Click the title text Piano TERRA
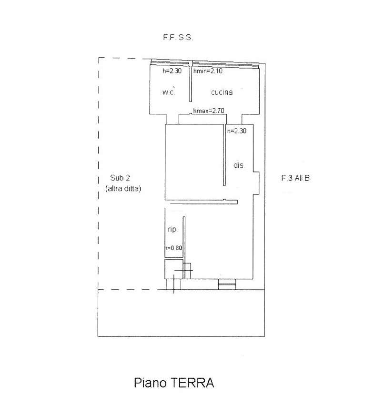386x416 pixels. [x=174, y=383]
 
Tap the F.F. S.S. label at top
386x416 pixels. [x=178, y=38]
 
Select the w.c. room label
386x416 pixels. [x=169, y=92]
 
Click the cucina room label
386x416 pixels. [x=222, y=92]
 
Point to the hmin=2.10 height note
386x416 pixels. [x=208, y=71]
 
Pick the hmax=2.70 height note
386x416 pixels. [x=209, y=111]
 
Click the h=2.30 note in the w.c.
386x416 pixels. [x=172, y=71]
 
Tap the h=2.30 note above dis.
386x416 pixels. [x=237, y=131]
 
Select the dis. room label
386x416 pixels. [x=238, y=165]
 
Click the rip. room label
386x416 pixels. [x=173, y=229]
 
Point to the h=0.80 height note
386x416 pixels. [x=174, y=248]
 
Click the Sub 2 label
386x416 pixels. [x=120, y=178]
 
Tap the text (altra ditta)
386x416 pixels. [x=123, y=189]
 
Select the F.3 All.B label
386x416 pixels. [x=295, y=178]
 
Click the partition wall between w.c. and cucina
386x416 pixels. [x=191, y=81]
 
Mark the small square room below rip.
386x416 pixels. [x=174, y=269]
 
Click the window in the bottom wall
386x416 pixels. [x=227, y=284]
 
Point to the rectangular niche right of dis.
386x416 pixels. [x=256, y=183]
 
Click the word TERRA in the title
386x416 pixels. [x=192, y=383]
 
